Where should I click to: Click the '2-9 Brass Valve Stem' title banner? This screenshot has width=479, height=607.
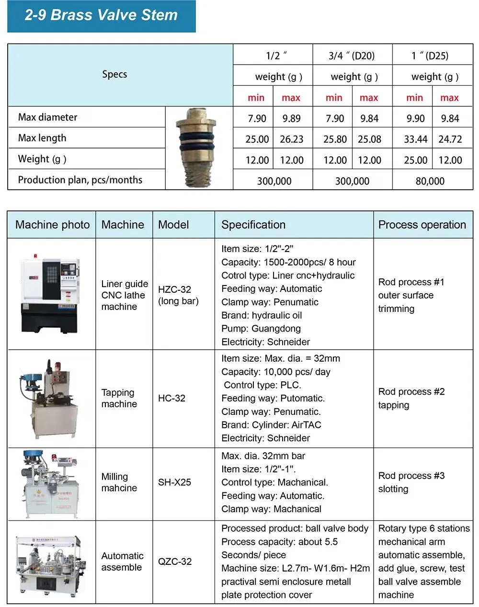(101, 16)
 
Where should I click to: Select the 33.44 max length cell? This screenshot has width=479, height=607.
(415, 139)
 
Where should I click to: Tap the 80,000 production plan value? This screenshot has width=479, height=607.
(430, 181)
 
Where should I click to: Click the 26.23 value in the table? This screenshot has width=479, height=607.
(291, 139)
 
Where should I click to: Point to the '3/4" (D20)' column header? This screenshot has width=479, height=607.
(351, 56)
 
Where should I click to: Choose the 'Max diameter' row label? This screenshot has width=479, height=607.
(47, 117)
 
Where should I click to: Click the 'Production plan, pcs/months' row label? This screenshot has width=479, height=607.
(80, 180)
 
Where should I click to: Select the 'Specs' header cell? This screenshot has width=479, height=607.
(114, 74)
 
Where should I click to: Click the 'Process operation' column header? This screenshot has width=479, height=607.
(422, 225)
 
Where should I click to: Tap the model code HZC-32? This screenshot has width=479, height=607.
(174, 289)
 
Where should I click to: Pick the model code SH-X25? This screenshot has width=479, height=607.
(174, 482)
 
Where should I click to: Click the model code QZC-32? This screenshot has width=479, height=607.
(175, 561)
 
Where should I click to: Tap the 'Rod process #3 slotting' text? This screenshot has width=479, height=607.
(411, 482)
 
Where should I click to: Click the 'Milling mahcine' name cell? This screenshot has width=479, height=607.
(119, 482)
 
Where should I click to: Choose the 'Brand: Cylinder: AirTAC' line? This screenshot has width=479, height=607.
(271, 425)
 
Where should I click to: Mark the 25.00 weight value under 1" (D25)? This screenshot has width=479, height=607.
(415, 160)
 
